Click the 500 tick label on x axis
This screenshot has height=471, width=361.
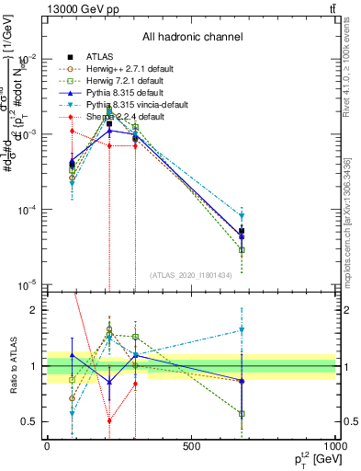pos(191,447)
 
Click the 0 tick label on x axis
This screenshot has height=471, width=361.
pos(47,447)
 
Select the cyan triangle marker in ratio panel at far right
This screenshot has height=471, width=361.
pos(243,329)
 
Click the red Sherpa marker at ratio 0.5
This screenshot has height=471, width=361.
pos(109,420)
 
